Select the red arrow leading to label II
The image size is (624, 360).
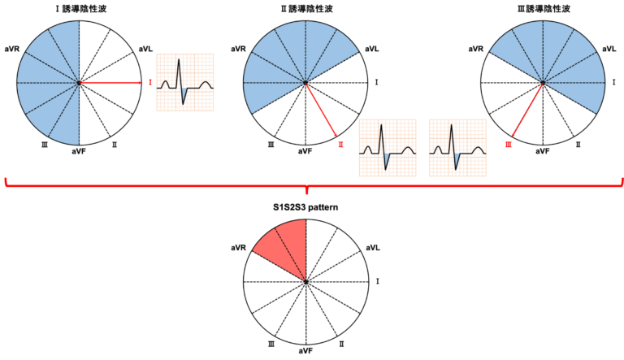point(321,109)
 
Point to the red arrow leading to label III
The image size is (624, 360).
point(527,109)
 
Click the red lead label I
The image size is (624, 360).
point(150,83)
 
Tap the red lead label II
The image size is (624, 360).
point(340,145)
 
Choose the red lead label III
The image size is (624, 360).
point(509,145)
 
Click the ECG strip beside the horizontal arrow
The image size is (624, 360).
point(184,82)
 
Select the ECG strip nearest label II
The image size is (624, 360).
point(388,148)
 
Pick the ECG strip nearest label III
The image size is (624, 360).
point(457,148)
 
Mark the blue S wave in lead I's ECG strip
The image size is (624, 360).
point(184,96)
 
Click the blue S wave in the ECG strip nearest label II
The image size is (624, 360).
point(387,159)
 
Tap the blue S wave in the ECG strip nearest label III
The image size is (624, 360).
point(457,159)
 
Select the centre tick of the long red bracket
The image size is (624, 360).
point(306,191)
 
